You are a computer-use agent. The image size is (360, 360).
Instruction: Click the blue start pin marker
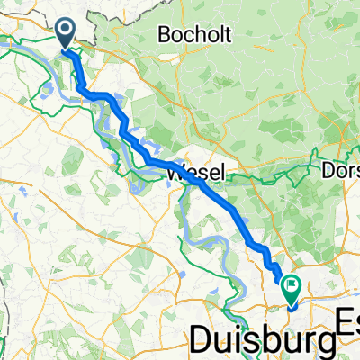tap(67, 34)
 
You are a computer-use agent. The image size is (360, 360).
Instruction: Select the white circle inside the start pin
tap(67, 31)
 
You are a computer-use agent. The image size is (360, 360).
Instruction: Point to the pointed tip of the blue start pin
tap(67, 49)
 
